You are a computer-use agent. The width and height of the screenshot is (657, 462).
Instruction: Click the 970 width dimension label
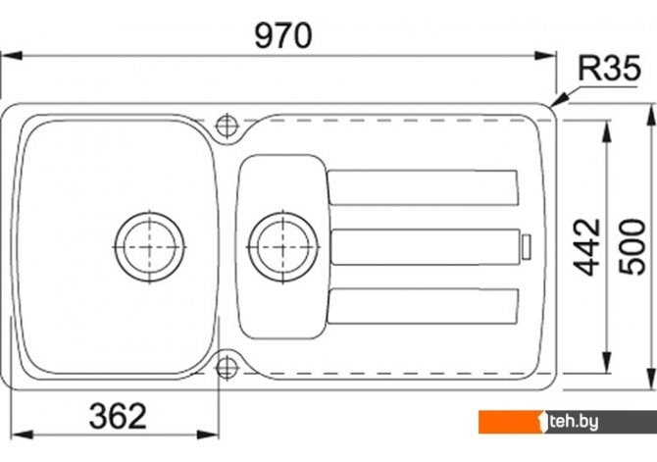(283, 35)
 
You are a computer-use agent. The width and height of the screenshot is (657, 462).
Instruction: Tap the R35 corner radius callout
(609, 68)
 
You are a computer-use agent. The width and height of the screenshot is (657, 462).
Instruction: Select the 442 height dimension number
(586, 247)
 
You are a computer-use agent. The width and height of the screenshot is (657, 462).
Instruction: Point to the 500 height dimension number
(632, 247)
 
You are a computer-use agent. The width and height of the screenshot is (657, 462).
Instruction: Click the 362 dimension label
(118, 416)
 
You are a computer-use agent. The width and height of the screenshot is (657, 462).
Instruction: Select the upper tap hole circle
(227, 126)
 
